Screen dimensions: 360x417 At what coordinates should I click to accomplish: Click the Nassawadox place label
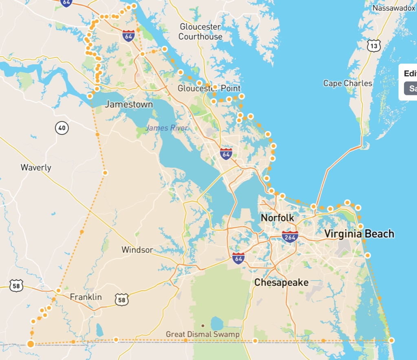tap(393, 8)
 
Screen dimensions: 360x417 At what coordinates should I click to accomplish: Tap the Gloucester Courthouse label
tap(200, 32)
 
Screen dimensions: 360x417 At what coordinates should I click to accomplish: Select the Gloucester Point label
tap(209, 88)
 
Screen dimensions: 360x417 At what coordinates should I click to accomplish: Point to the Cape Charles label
tap(348, 83)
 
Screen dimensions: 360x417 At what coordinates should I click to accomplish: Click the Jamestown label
tap(129, 105)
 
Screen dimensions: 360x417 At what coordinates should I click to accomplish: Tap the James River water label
tap(167, 128)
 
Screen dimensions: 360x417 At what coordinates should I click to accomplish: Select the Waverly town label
tap(36, 167)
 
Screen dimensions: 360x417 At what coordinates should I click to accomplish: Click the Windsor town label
tap(137, 250)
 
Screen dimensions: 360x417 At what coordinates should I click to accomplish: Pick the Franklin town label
tap(86, 297)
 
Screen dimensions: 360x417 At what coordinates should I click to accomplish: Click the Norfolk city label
tap(277, 218)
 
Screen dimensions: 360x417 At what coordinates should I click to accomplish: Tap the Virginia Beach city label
tap(359, 234)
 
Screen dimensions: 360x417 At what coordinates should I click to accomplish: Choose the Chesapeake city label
tap(281, 282)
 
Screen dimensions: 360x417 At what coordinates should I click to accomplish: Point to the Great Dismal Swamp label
tap(203, 334)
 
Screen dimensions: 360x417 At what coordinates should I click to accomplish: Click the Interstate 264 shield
tap(290, 236)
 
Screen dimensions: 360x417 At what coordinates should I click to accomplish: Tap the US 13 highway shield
tap(374, 46)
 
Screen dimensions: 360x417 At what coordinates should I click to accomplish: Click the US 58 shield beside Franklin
tap(121, 299)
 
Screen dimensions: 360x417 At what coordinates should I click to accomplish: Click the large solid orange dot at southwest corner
tap(31, 344)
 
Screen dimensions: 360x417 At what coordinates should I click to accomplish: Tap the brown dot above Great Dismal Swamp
tap(203, 326)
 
